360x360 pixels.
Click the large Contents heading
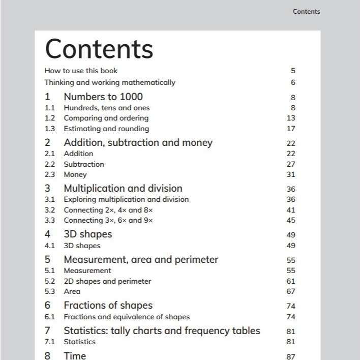[99, 49]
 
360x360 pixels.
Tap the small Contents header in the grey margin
[306, 12]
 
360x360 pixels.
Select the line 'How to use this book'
[81, 71]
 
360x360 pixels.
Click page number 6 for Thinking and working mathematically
[293, 82]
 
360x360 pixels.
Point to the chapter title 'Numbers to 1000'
[103, 97]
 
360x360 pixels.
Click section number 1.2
[50, 118]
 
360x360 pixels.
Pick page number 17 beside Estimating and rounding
[291, 129]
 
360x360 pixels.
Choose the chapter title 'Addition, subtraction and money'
[138, 142]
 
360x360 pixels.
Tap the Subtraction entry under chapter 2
[84, 164]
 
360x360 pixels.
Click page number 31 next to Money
[291, 174]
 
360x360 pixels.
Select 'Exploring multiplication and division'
[126, 199]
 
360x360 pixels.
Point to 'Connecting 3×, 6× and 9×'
[108, 220]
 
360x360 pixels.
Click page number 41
[291, 209]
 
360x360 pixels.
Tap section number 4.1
[50, 246]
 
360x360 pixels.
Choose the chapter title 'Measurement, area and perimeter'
[141, 259]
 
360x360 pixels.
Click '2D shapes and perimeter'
[107, 281]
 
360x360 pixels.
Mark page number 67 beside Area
[291, 291]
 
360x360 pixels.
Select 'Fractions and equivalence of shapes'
[127, 317]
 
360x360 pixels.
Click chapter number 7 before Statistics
[48, 331]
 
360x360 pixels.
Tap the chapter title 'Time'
[75, 355]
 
